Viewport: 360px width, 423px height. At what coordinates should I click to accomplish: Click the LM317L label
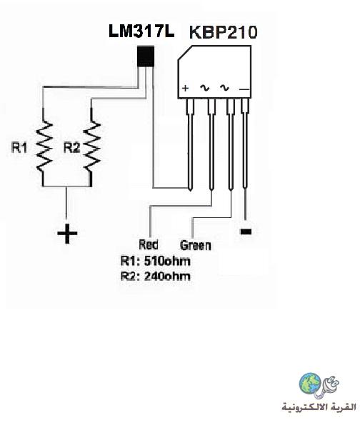[141, 31]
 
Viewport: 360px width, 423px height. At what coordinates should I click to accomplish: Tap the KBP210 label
[224, 32]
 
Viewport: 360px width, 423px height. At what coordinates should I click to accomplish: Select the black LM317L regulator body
[146, 56]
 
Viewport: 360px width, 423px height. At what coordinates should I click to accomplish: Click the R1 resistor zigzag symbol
[44, 146]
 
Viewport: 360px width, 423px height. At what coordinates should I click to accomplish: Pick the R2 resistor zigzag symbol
[92, 146]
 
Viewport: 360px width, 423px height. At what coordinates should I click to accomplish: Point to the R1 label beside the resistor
[19, 148]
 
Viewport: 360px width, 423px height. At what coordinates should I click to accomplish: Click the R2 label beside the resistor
[72, 148]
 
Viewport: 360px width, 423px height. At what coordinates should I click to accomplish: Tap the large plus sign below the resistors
[67, 234]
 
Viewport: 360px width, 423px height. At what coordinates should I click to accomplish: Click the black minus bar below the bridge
[246, 232]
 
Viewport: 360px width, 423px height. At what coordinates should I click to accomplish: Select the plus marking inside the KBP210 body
[185, 88]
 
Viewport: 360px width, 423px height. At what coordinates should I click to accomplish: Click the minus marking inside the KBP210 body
[244, 89]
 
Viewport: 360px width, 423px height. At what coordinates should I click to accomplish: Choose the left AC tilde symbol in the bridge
[204, 88]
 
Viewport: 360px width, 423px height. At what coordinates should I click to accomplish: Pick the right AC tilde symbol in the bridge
[224, 88]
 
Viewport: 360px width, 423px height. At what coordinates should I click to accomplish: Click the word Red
[149, 244]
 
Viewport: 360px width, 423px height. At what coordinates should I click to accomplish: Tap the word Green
[196, 245]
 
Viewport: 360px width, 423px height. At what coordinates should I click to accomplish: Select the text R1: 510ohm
[156, 261]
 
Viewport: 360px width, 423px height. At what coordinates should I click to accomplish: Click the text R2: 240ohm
[156, 276]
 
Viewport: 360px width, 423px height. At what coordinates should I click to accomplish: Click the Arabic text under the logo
[319, 407]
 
